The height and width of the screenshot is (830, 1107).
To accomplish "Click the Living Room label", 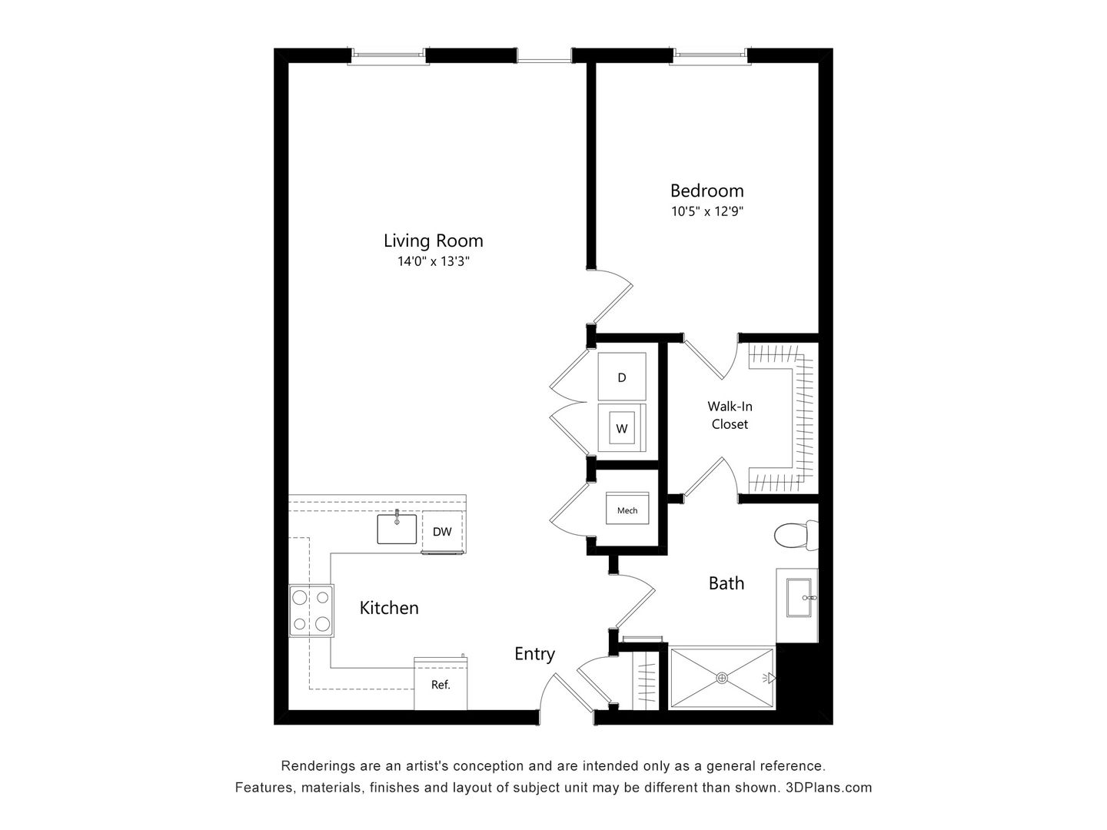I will coord(433,241).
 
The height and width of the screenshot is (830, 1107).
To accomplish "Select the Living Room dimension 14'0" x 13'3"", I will coord(433,261).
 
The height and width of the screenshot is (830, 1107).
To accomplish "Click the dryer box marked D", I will coord(622,377).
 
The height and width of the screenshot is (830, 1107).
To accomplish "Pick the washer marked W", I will coord(622,429).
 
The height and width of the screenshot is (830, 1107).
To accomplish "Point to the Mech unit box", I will coord(627,510).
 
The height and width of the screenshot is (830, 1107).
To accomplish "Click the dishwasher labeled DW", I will coord(442,531).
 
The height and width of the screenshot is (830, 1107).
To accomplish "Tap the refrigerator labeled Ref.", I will coord(440,684).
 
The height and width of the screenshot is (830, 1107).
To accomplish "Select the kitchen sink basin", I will coord(397,529).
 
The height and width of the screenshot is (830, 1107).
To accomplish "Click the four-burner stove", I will coord(312,611).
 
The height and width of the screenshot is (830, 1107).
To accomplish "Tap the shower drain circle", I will coord(722,677).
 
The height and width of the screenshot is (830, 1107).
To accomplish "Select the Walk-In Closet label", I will coord(730,415).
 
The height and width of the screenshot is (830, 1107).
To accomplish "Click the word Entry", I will coord(534,653).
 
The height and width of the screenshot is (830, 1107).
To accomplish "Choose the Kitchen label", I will coord(389,608).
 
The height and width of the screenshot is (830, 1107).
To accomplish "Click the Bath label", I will coord(726,583).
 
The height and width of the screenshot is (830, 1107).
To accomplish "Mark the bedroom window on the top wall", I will coord(710,55).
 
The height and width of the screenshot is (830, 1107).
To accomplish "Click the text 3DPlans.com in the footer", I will coord(829,787).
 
